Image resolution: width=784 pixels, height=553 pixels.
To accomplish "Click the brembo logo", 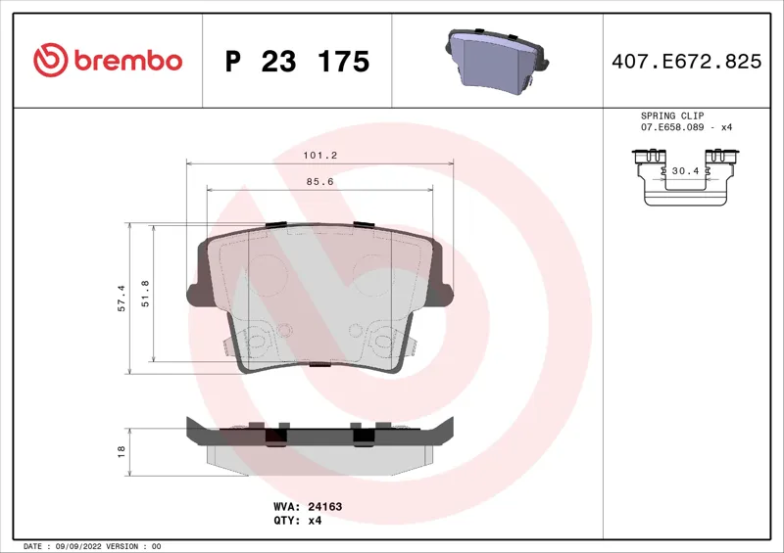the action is coord(108,60).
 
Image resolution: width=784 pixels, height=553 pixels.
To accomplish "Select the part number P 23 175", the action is coord(298,62).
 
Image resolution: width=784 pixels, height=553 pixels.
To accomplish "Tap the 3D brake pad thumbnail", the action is coord(496,61).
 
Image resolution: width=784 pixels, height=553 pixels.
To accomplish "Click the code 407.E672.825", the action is coord(687,62).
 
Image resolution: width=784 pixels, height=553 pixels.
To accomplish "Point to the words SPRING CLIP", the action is coord(672,115).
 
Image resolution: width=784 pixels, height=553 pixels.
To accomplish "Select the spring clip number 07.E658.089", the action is coord(672,127).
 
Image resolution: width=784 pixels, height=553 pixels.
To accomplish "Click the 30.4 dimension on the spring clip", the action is coord(685,171).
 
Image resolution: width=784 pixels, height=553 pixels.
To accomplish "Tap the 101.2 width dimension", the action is coord(320,156).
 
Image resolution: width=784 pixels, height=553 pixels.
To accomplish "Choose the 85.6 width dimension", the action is coord(320,182).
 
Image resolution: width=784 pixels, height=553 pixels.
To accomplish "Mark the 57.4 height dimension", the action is coord(122,299).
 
